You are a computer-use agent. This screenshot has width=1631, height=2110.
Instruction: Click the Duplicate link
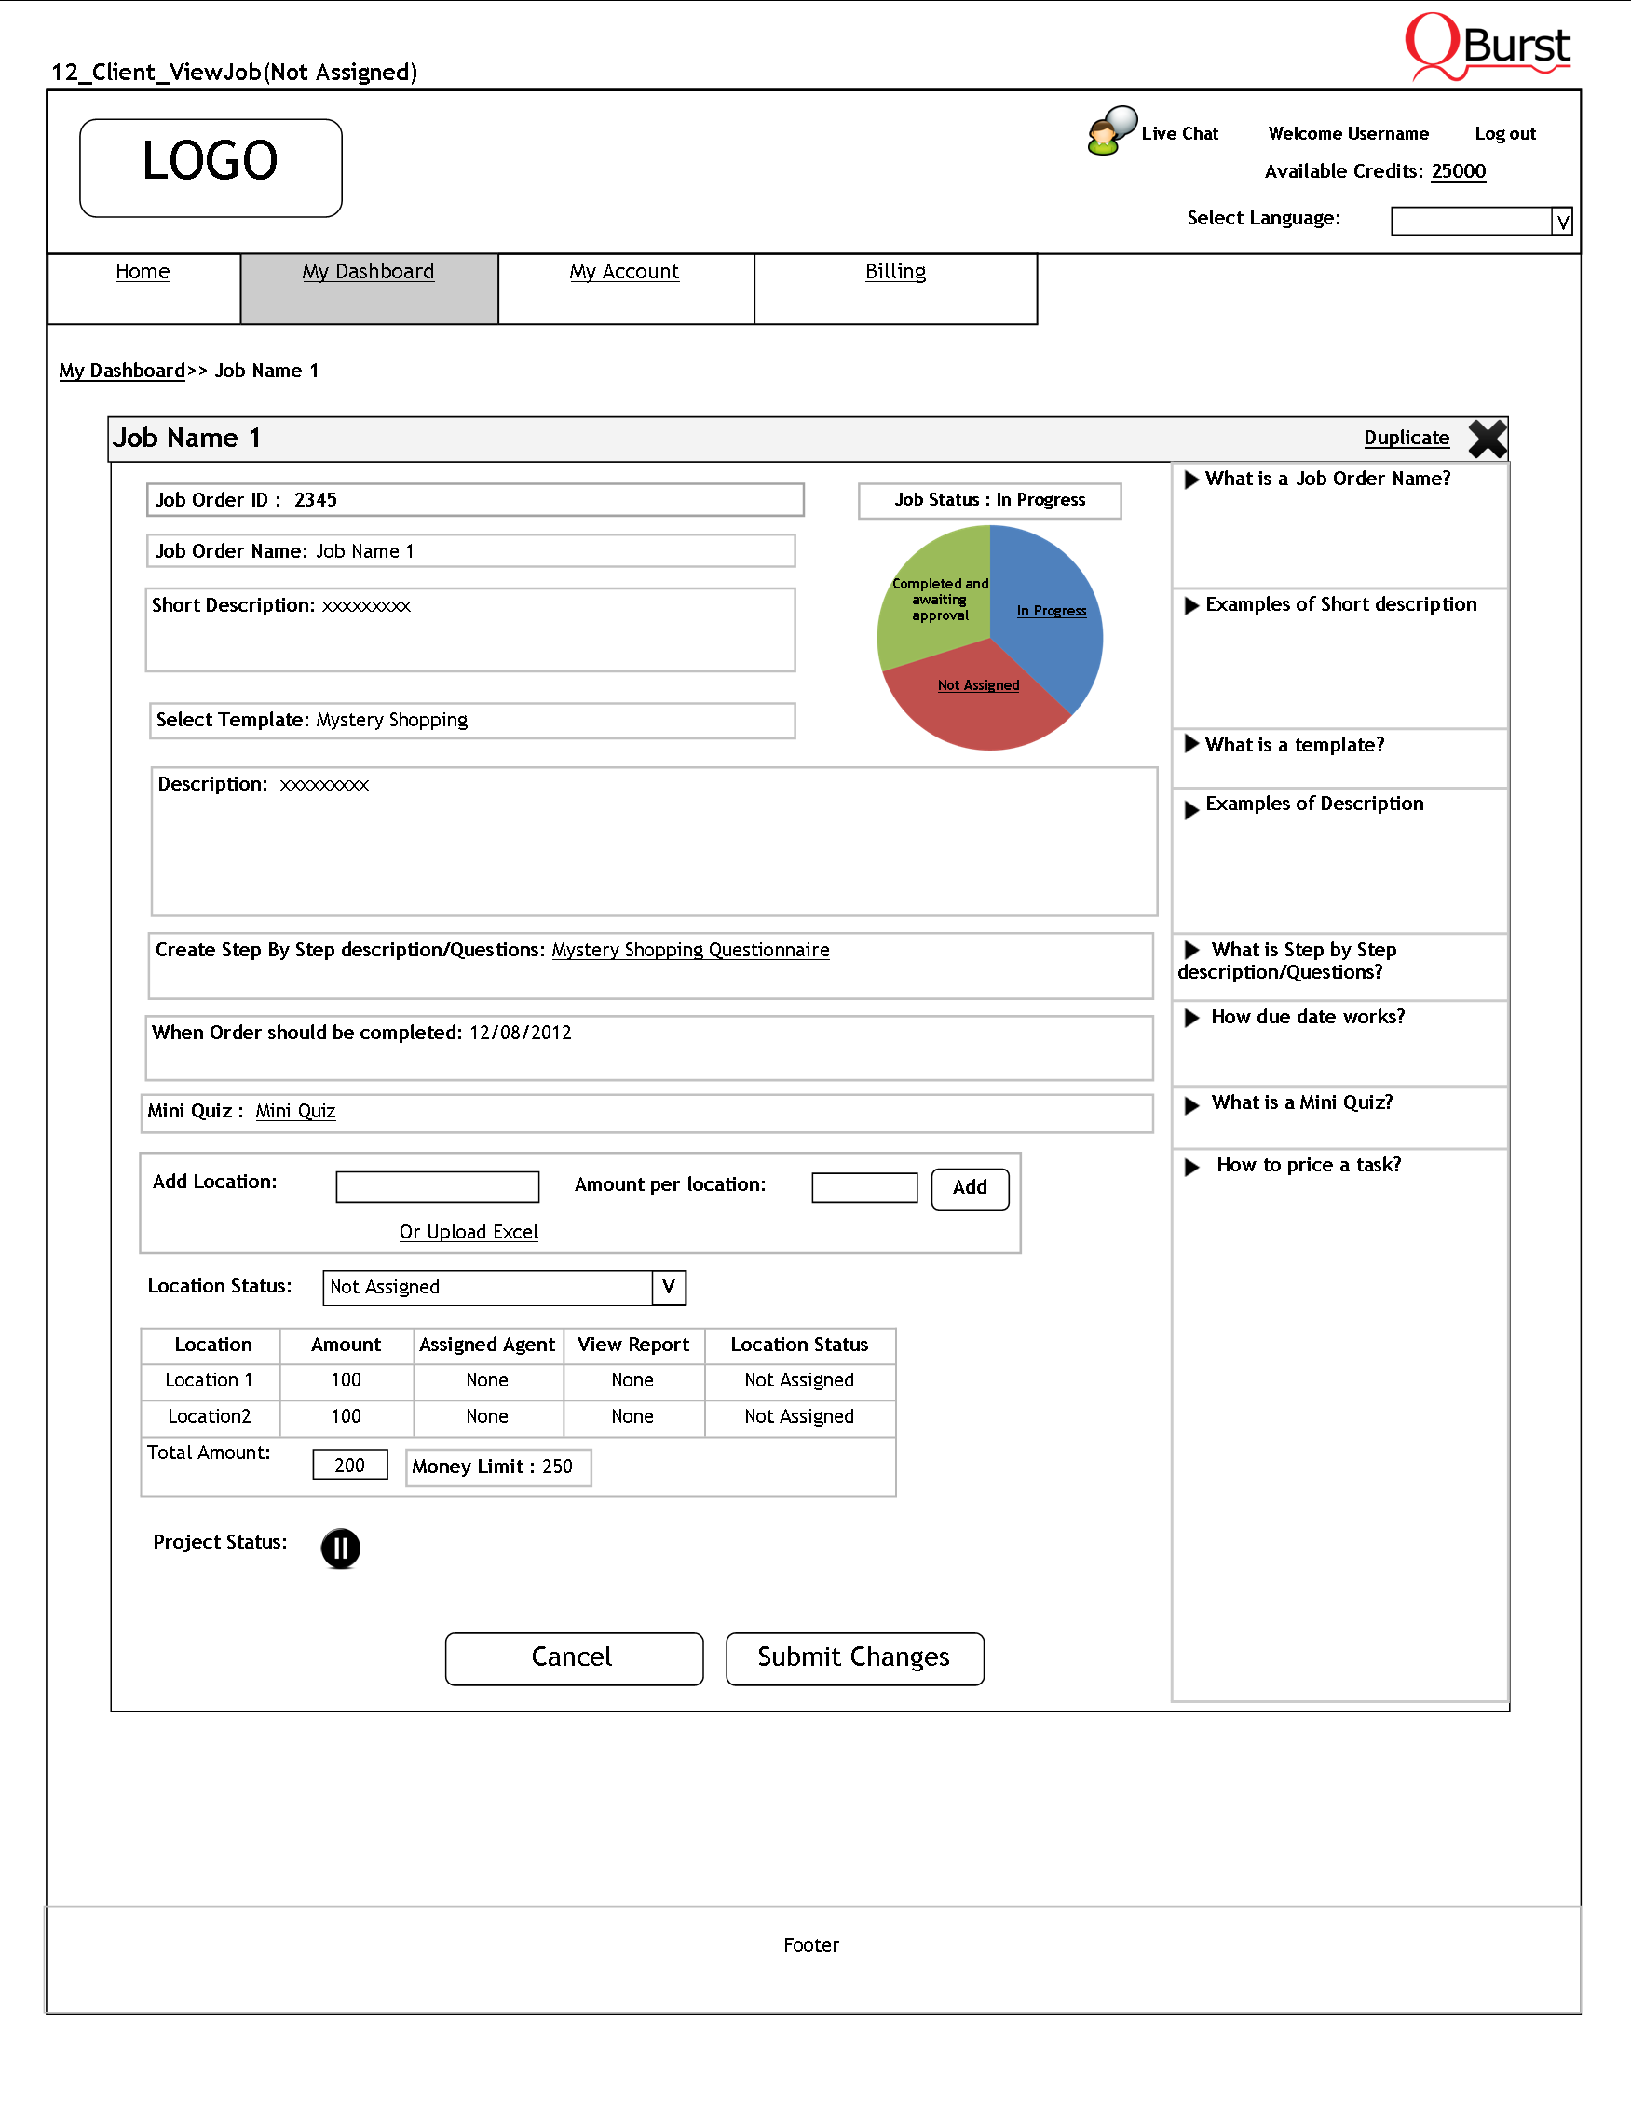(x=1406, y=438)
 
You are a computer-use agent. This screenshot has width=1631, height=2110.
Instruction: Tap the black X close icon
(x=1487, y=439)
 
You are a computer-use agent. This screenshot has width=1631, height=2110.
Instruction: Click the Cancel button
(x=574, y=1657)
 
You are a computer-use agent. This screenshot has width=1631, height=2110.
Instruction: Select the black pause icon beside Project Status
(x=340, y=1548)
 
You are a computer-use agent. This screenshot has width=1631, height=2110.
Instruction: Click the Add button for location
(x=969, y=1188)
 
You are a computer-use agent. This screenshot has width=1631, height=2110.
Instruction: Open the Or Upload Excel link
(x=469, y=1232)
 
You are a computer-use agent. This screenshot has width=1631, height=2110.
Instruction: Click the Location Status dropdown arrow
(x=669, y=1287)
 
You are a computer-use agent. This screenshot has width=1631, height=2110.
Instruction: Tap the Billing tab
(x=895, y=272)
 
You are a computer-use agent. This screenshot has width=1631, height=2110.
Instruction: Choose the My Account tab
(x=624, y=272)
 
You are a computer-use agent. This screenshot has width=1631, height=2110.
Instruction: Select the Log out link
(x=1504, y=134)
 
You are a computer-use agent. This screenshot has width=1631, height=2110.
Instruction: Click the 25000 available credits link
(x=1458, y=172)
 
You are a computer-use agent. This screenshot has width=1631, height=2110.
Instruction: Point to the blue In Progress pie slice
(x=1048, y=618)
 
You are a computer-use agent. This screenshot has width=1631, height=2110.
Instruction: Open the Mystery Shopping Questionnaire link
(x=690, y=951)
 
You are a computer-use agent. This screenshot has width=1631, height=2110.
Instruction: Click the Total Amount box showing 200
(x=350, y=1465)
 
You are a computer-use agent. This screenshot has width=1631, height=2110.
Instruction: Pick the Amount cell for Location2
(x=346, y=1416)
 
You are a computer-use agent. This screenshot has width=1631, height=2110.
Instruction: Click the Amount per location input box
(x=863, y=1187)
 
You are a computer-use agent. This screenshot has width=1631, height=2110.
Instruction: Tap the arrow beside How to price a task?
(x=1192, y=1167)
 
